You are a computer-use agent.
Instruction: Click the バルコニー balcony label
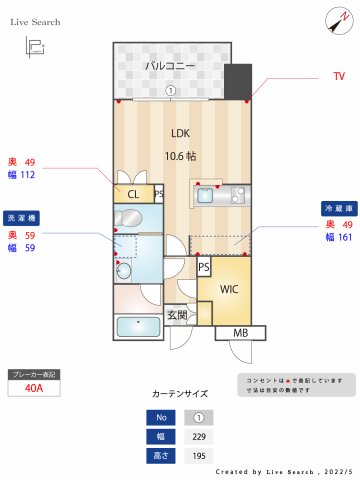169,66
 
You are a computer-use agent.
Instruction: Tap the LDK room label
179,133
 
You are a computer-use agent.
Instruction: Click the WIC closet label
229,290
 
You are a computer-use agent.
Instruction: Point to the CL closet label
132,194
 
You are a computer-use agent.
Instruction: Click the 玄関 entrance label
177,316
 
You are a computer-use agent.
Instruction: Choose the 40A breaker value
33,389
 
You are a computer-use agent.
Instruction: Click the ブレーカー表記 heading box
33,373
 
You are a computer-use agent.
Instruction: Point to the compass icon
334,20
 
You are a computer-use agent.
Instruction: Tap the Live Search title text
36,21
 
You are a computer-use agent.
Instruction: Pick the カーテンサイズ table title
180,395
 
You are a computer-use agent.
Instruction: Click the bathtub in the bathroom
137,326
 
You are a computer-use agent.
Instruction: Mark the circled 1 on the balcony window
171,89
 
